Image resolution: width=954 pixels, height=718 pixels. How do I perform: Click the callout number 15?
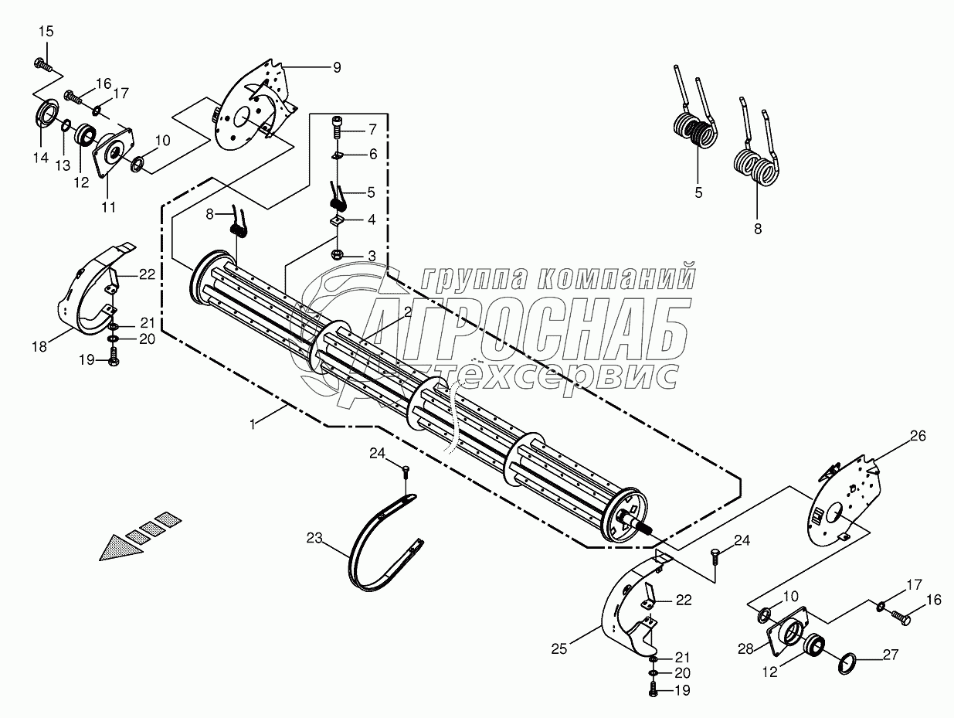46,32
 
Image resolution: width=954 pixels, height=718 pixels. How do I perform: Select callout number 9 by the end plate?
336,67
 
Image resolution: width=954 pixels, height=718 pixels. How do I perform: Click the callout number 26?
917,436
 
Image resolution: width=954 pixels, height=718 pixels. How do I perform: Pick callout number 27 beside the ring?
891,655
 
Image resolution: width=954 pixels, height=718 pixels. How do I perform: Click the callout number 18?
39,347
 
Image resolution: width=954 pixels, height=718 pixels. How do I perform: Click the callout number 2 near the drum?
406,312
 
